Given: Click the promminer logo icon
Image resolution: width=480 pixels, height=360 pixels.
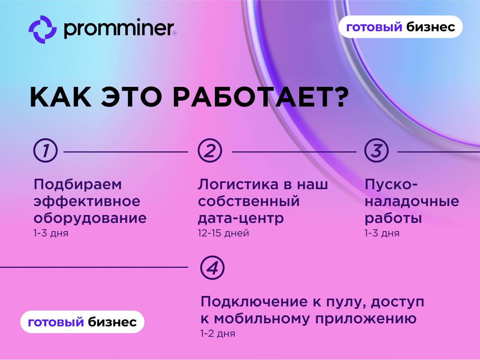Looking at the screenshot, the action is point(43,30).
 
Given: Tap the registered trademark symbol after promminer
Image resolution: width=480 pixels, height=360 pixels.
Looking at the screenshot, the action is point(175,33).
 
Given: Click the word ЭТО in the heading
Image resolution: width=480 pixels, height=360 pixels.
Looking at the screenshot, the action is point(131,97).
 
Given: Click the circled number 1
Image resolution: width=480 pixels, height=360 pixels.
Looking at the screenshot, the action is point(45,151).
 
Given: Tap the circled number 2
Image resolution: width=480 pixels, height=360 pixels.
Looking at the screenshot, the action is point(210,151).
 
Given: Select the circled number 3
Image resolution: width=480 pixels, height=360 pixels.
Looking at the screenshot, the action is point(376,151).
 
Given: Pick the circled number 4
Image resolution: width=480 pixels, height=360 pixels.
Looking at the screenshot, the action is point(212,267).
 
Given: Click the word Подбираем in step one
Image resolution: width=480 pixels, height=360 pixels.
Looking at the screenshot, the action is point(78,185).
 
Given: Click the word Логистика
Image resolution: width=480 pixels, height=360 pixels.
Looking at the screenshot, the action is point(238,184).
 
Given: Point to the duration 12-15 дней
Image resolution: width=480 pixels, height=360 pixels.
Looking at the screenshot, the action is point(223,233).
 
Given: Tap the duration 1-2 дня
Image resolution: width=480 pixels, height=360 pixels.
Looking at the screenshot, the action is point(218,334).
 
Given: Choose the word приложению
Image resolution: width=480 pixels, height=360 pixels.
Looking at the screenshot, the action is point(366,319).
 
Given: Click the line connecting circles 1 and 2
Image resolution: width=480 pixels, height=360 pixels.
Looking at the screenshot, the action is point(126,152).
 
